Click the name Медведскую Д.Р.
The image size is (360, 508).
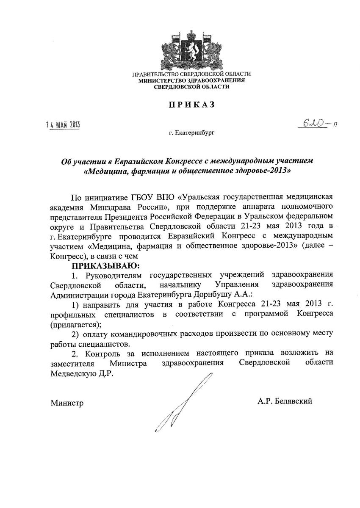click(x=82, y=374)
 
